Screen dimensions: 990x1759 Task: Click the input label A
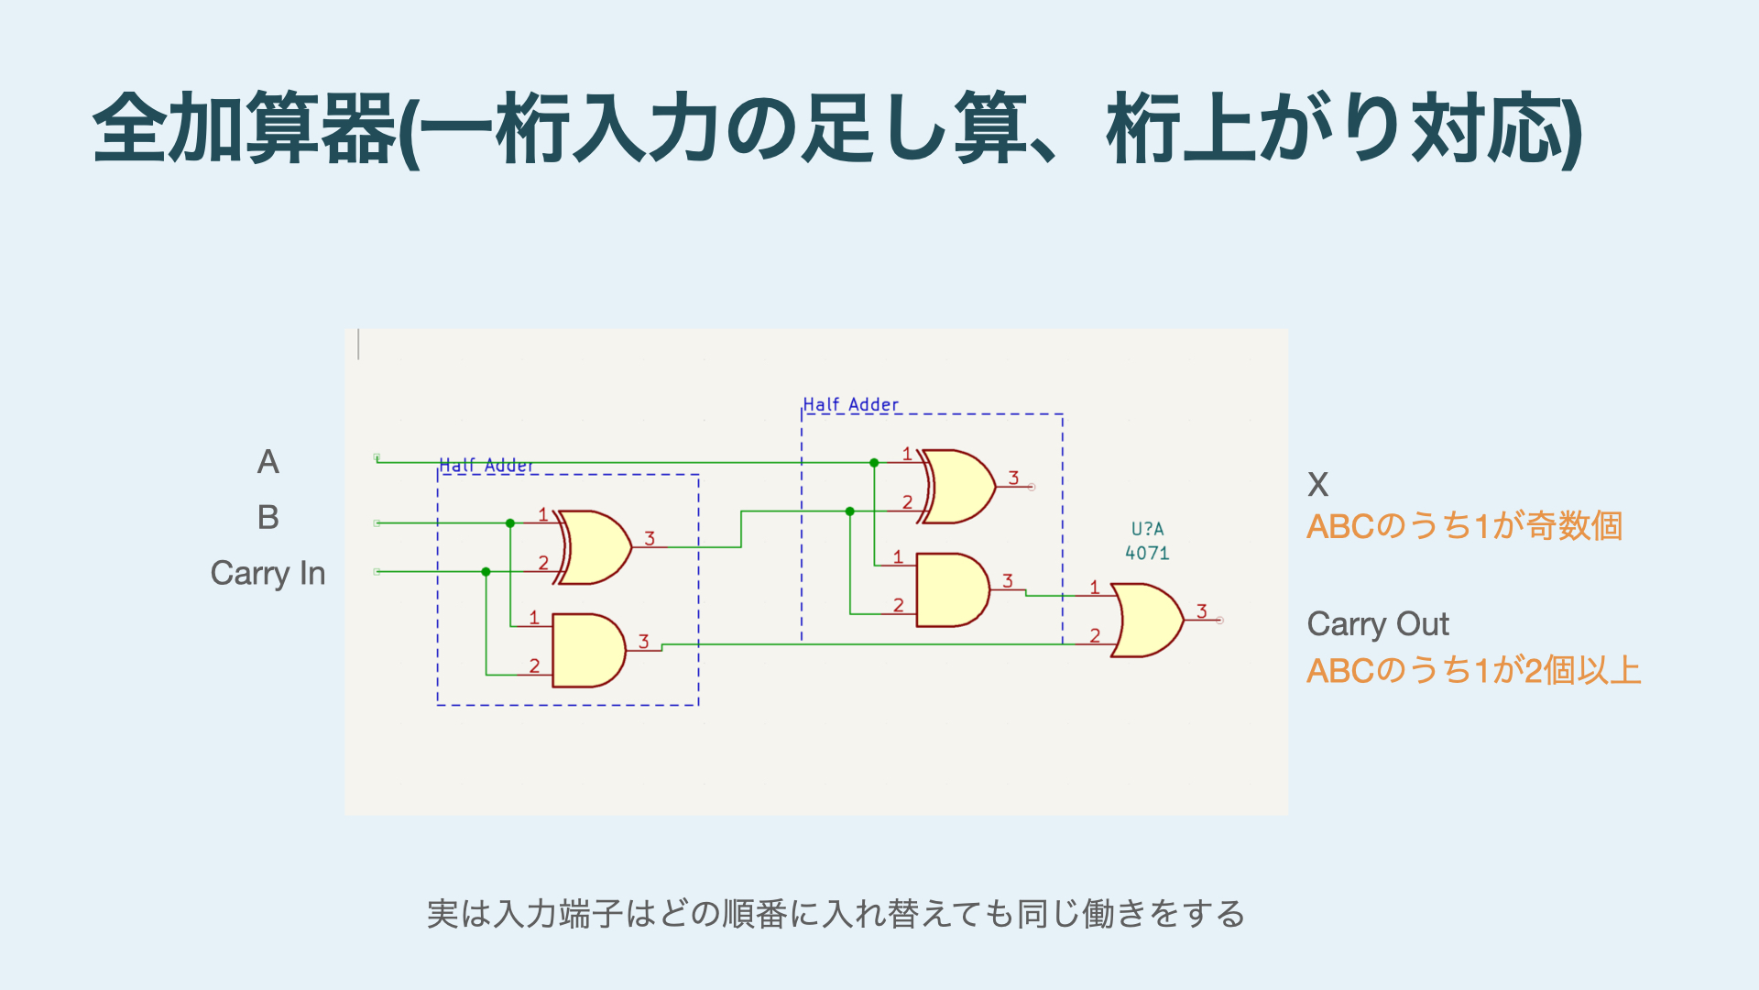pos(268,462)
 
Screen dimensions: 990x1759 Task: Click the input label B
pos(268,518)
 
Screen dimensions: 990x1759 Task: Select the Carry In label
pos(268,574)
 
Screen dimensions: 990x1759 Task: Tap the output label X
pos(1317,485)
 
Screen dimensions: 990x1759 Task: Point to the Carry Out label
pos(1377,624)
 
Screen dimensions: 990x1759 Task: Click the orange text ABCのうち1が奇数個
pos(1464,527)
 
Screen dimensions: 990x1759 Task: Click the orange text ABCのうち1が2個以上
pos(1473,671)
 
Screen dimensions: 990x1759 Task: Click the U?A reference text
pos(1147,529)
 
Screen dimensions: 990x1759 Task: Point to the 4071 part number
pos(1147,554)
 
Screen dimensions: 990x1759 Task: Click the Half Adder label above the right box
pos(851,404)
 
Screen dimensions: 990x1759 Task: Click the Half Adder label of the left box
pos(486,466)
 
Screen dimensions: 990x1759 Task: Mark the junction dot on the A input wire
pos(874,463)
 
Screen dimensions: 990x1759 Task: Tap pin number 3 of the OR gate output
pos(1202,611)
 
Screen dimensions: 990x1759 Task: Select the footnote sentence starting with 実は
pos(836,914)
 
